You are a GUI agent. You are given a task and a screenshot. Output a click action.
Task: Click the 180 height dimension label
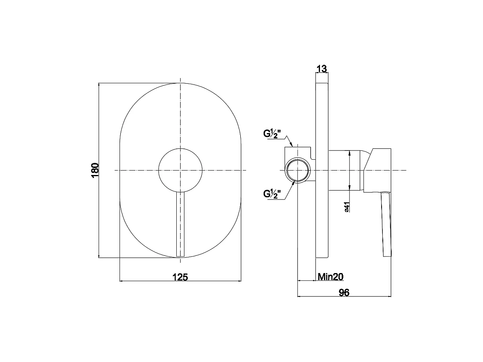click(x=95, y=170)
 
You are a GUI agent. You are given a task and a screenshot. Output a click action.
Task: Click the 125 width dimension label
click(x=180, y=277)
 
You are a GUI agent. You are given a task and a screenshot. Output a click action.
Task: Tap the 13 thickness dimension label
click(x=322, y=69)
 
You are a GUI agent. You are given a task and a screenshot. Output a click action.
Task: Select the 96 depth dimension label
click(x=344, y=293)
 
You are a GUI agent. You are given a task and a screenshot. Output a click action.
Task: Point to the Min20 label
click(x=330, y=277)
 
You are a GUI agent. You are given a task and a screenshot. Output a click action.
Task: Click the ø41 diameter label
click(x=347, y=207)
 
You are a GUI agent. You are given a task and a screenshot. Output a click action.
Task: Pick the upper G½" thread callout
click(x=272, y=134)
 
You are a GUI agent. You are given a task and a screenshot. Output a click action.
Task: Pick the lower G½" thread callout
click(x=272, y=194)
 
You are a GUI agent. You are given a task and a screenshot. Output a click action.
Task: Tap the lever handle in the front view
click(x=180, y=224)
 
